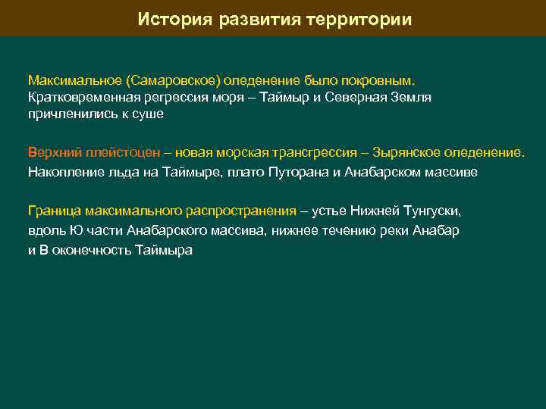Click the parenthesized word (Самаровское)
pos(168,80)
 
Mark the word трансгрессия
pos(301,151)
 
